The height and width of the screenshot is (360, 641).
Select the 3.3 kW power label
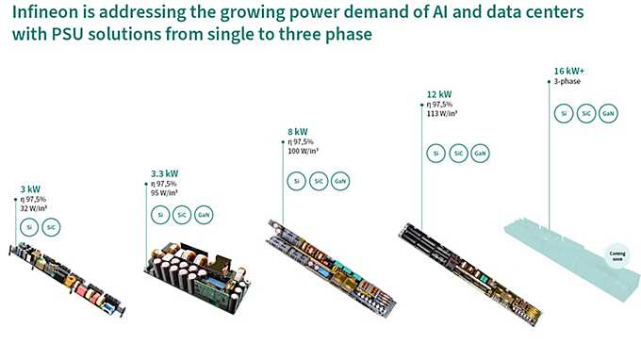pyautogui.click(x=164, y=173)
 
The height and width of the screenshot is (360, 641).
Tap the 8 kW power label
pyautogui.click(x=298, y=131)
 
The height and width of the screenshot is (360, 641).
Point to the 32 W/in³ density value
pyautogui.click(x=36, y=209)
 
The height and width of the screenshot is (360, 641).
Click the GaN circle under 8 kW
pyautogui.click(x=339, y=180)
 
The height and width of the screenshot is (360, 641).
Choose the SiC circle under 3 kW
pyautogui.click(x=52, y=228)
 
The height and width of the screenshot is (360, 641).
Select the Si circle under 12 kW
pyautogui.click(x=435, y=153)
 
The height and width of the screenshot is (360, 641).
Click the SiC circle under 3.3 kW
pyautogui.click(x=181, y=215)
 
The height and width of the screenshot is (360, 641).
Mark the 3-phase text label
pyautogui.click(x=567, y=82)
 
